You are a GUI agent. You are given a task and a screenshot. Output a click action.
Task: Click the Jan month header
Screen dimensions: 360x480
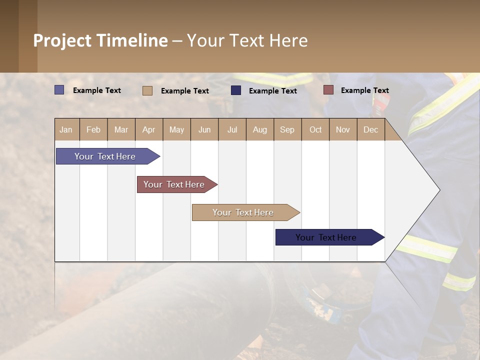coord(66,129)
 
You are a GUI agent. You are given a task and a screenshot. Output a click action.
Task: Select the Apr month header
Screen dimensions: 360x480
coord(148,129)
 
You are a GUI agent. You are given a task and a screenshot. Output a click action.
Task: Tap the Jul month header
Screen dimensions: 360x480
coord(232,129)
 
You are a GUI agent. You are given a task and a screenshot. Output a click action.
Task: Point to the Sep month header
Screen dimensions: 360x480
coord(287,129)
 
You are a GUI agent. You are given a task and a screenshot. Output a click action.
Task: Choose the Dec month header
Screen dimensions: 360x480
coord(370,129)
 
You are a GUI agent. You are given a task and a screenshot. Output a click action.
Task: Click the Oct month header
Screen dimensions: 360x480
coord(315,129)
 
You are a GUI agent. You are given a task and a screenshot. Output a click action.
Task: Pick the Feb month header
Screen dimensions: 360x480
coord(93,129)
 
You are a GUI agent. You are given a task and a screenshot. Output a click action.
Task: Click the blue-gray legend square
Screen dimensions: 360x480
coord(59,90)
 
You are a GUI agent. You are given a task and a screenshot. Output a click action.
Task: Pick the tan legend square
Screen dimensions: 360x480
coord(147,90)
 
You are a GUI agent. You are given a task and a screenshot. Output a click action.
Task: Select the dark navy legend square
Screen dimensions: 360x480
coord(236,90)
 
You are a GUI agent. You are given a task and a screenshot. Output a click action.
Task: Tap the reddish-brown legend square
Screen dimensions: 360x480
coord(328,90)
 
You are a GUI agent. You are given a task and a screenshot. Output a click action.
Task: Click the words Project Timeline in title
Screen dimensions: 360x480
coord(100,40)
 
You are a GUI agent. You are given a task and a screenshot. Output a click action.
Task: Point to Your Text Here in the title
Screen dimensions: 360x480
coord(247,40)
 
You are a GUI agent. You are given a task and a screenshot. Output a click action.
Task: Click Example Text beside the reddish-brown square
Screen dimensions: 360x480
coord(364,90)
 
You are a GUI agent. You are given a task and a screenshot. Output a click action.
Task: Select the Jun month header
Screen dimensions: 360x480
coord(204,129)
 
